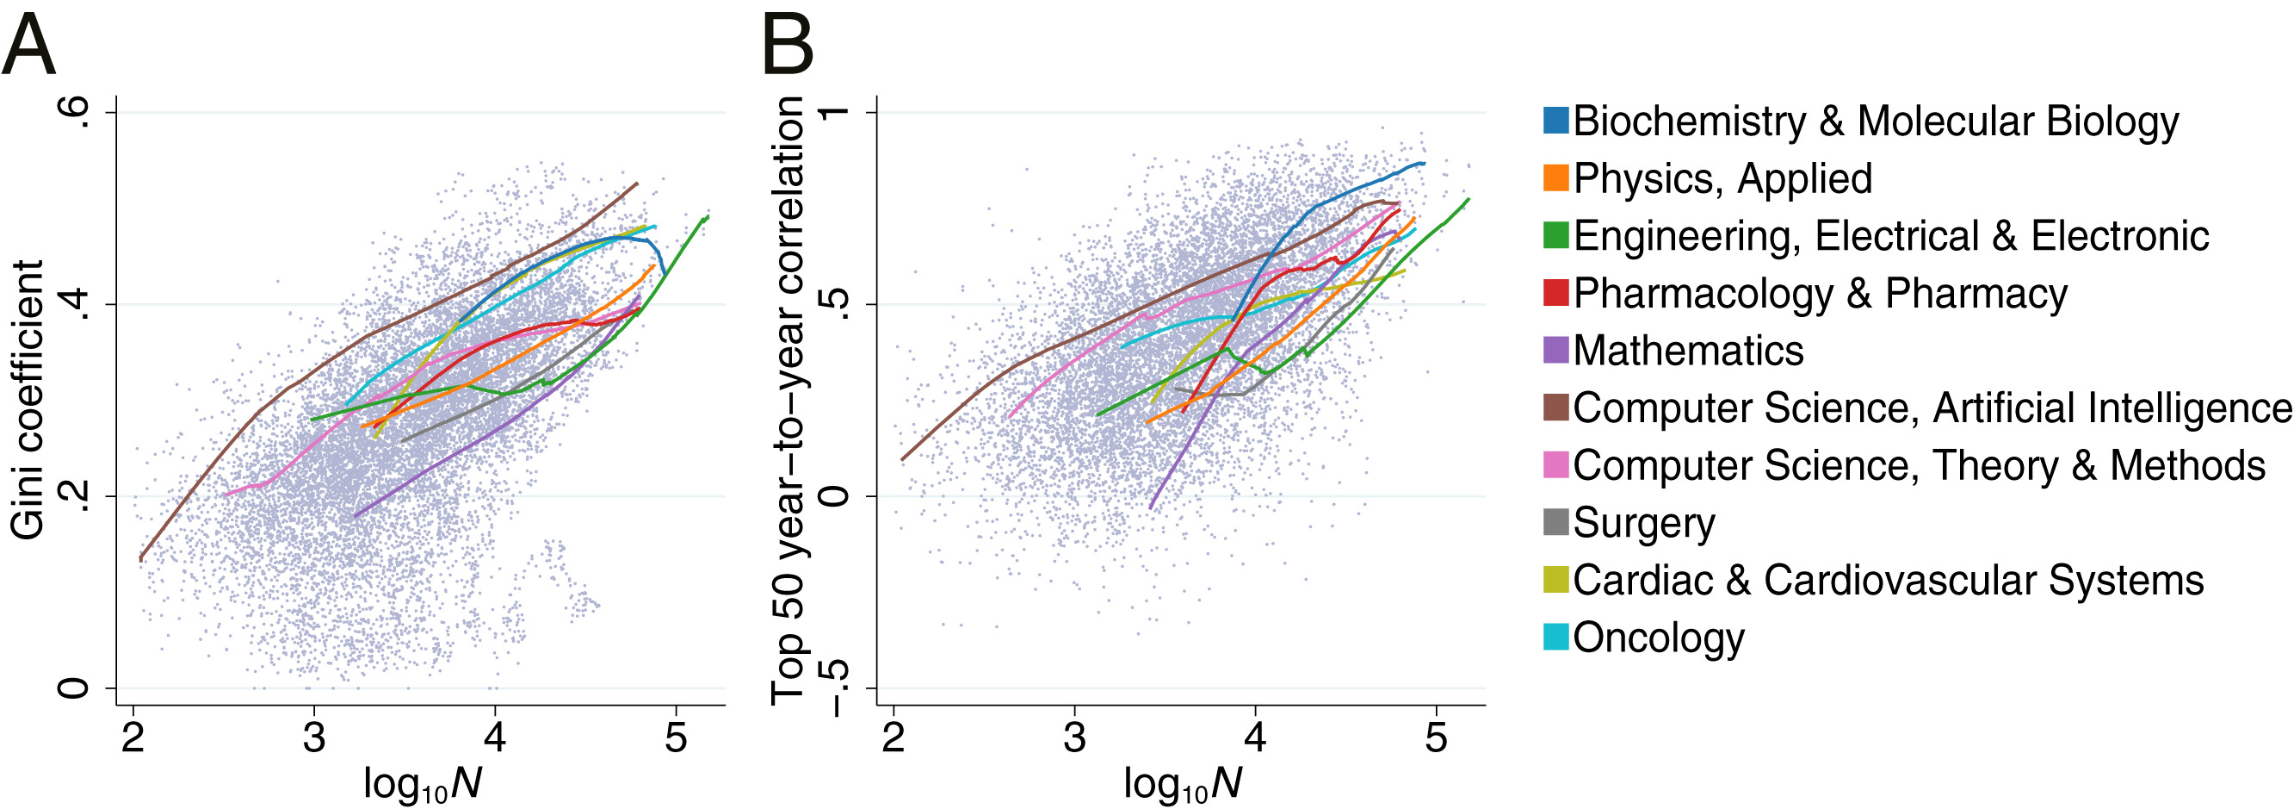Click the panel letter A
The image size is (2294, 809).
28,48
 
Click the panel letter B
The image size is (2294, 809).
788,48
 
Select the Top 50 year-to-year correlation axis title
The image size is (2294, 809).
789,401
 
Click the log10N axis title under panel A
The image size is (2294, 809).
422,784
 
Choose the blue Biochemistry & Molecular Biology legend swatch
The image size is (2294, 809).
1555,121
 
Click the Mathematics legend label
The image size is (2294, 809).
1687,350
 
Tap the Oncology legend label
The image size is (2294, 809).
1658,638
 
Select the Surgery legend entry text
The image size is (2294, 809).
1644,523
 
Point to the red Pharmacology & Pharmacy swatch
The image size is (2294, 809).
1555,293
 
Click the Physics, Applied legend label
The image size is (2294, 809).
1722,178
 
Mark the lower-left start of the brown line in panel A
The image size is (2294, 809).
140,558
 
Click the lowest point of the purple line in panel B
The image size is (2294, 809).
1151,507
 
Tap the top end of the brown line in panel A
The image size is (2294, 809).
638,184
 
